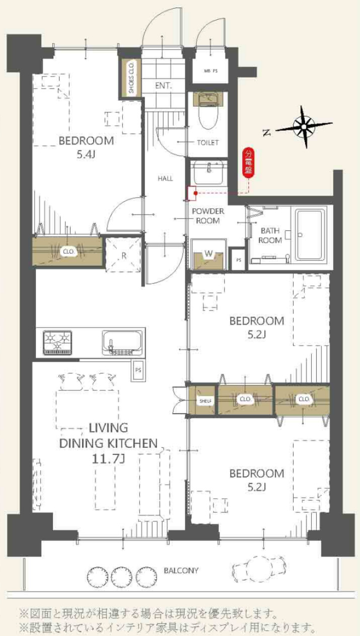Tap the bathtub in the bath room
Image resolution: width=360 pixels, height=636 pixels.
point(310,234)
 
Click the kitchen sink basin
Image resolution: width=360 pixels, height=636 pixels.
point(122,342)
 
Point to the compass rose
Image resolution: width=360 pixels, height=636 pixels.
point(304,126)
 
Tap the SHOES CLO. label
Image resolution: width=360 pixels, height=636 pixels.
point(131,77)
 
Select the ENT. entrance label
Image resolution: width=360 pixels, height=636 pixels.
point(163,86)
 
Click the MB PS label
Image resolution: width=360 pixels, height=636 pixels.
point(210,71)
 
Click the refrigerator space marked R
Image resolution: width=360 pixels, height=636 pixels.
point(123,255)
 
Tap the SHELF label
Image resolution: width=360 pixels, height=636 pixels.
point(205,401)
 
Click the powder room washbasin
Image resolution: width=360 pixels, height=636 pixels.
point(208,173)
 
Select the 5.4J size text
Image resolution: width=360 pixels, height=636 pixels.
point(86,155)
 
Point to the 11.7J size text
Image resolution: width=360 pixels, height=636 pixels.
point(108,459)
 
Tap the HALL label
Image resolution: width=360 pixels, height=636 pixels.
point(165,179)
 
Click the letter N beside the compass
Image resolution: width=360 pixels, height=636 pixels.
point(266,132)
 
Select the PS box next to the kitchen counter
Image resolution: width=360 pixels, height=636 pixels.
point(138,370)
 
